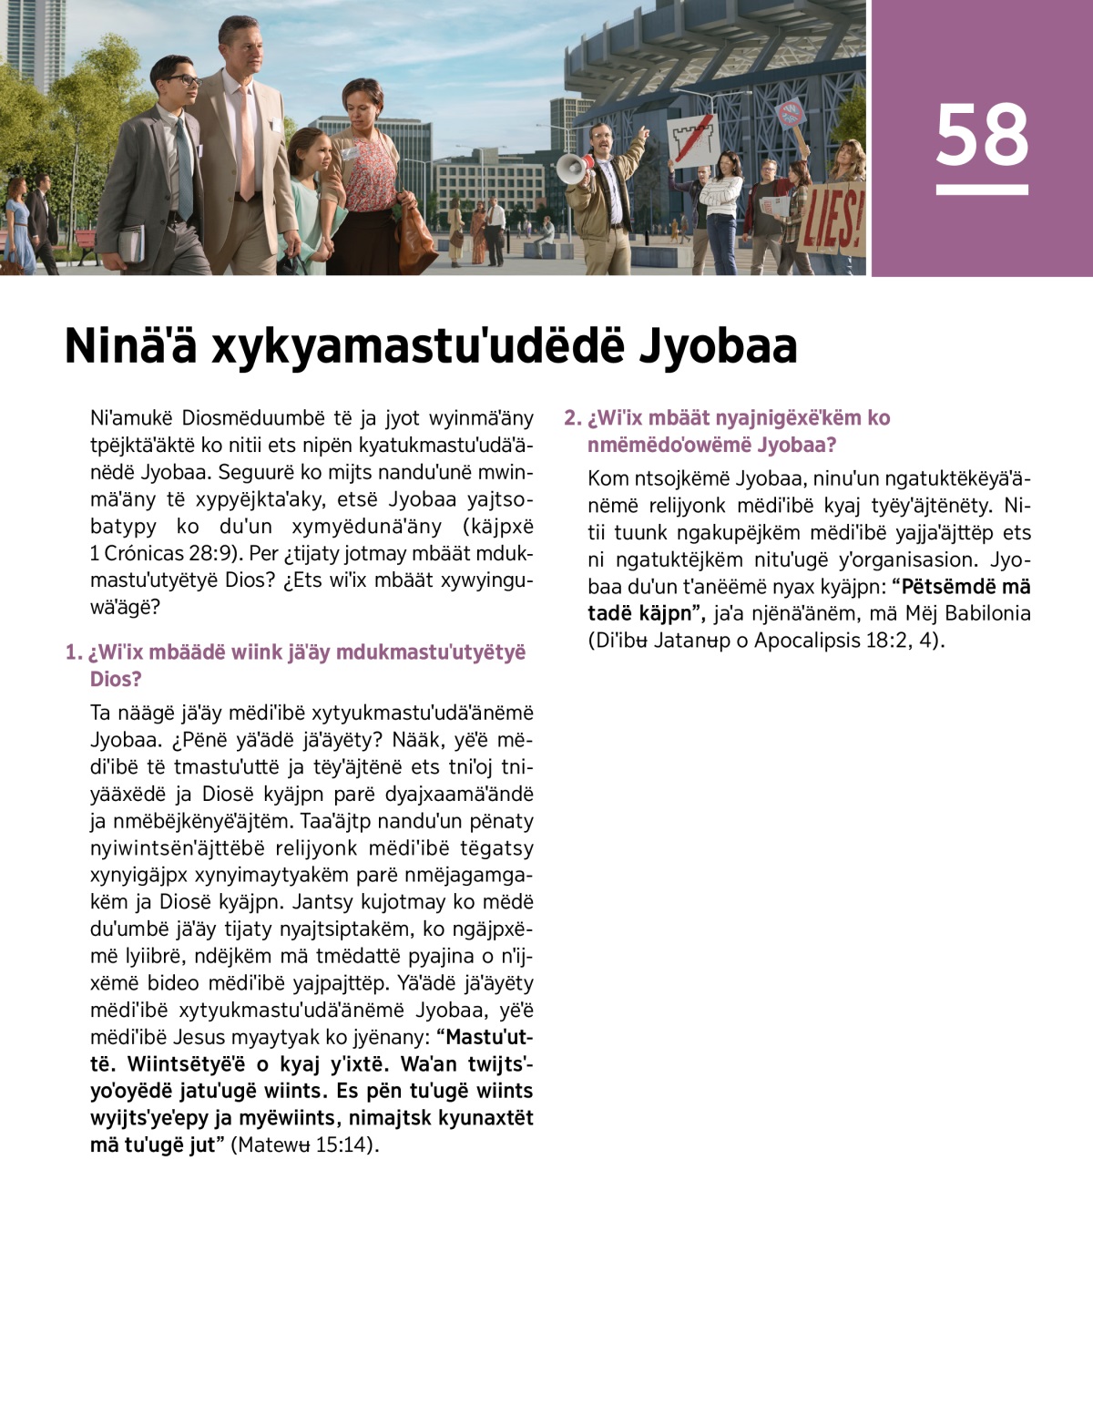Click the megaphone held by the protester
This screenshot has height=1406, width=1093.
571,169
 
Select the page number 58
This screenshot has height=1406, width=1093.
982,136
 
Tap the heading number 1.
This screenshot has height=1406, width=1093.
74,652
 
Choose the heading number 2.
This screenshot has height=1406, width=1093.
572,418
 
